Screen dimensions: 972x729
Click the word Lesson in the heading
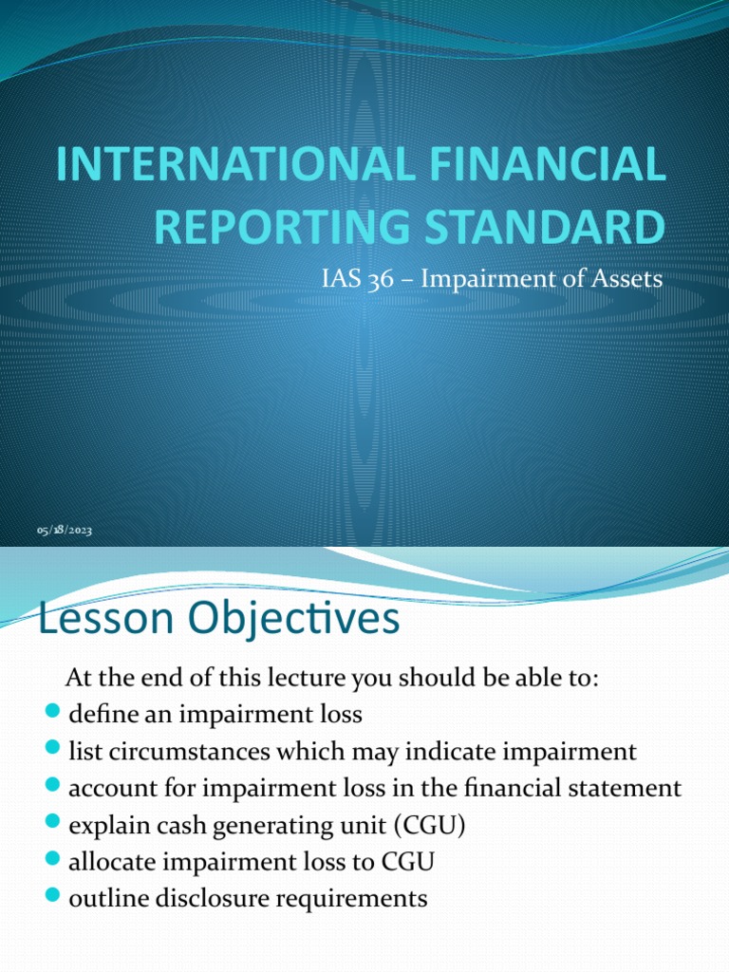tap(104, 620)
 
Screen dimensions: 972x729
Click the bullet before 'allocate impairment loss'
tap(52, 861)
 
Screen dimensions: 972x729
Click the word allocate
tap(107, 861)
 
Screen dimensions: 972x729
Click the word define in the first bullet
tap(99, 714)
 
